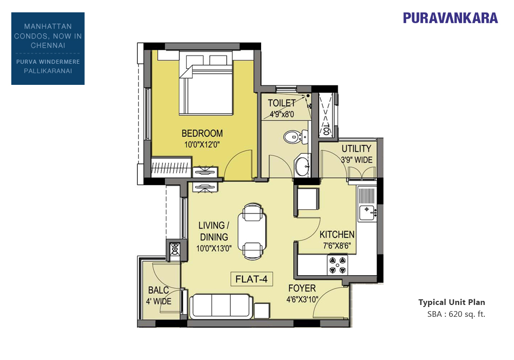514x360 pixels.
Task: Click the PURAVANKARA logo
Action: (x=450, y=17)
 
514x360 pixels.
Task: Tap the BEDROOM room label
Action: (x=202, y=133)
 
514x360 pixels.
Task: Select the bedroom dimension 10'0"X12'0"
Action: (x=201, y=145)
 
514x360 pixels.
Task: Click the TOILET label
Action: (x=282, y=103)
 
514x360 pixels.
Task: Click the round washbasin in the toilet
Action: (x=301, y=166)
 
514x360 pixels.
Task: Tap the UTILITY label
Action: (x=356, y=149)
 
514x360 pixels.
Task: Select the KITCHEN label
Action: (x=337, y=235)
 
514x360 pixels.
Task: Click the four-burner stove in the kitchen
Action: (x=338, y=265)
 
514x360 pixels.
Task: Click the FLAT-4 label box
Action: (x=251, y=279)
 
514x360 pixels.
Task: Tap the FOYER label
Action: (x=302, y=289)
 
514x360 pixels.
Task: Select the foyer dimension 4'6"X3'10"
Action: (x=302, y=299)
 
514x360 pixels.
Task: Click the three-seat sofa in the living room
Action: (x=221, y=306)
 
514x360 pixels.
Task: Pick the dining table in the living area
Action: (x=252, y=231)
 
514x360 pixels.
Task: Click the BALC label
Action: (x=158, y=290)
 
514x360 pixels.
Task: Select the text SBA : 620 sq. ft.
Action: (x=456, y=314)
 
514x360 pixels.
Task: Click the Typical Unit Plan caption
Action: (x=452, y=302)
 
